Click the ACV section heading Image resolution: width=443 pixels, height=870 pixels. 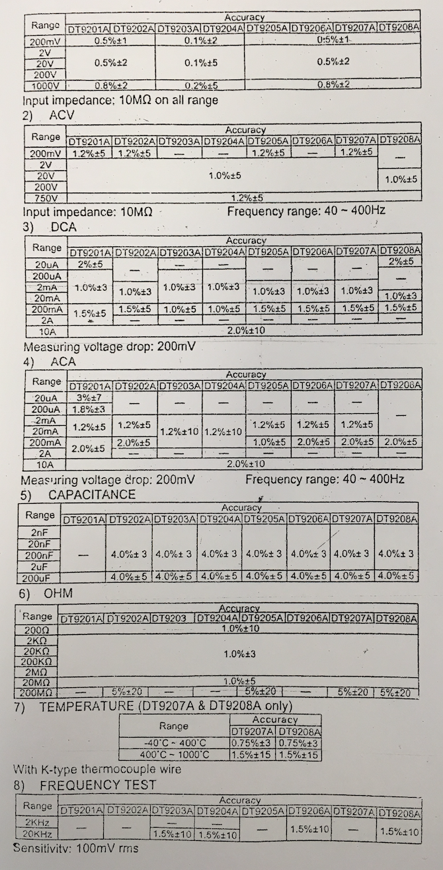click(62, 115)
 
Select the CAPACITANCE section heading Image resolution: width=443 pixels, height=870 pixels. click(91, 495)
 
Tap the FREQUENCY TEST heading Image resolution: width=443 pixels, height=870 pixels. click(98, 785)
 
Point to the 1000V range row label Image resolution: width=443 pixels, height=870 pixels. click(45, 85)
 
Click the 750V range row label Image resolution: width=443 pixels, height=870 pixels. click(45, 198)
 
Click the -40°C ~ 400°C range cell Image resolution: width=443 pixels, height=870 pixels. click(174, 743)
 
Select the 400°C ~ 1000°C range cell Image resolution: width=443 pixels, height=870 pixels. click(174, 755)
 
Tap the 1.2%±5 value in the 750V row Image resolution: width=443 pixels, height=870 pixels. click(245, 198)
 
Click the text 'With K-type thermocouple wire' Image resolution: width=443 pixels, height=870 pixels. click(97, 769)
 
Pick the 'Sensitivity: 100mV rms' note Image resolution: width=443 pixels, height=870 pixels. click(76, 847)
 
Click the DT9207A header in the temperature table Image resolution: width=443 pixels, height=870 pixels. click(252, 731)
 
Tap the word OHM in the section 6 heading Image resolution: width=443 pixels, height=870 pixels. click(59, 593)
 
